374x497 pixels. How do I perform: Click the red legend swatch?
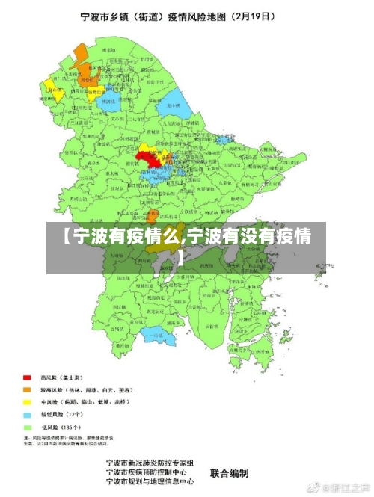pyautogui.click(x=28, y=377)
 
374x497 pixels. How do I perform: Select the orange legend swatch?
pyautogui.click(x=28, y=389)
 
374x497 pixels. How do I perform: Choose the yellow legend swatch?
pyautogui.click(x=28, y=401)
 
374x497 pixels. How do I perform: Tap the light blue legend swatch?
pyautogui.click(x=28, y=413)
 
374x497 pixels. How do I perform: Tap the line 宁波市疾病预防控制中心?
pyautogui.click(x=150, y=472)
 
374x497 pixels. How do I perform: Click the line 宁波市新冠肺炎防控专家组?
pyautogui.click(x=150, y=463)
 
